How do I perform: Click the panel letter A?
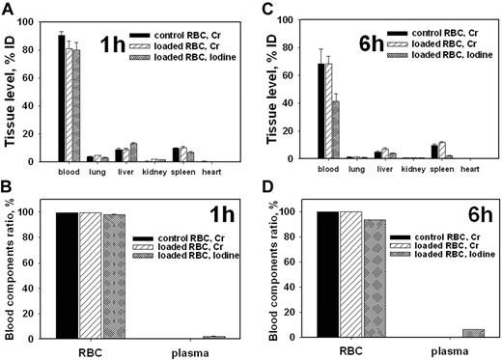click(8, 9)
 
